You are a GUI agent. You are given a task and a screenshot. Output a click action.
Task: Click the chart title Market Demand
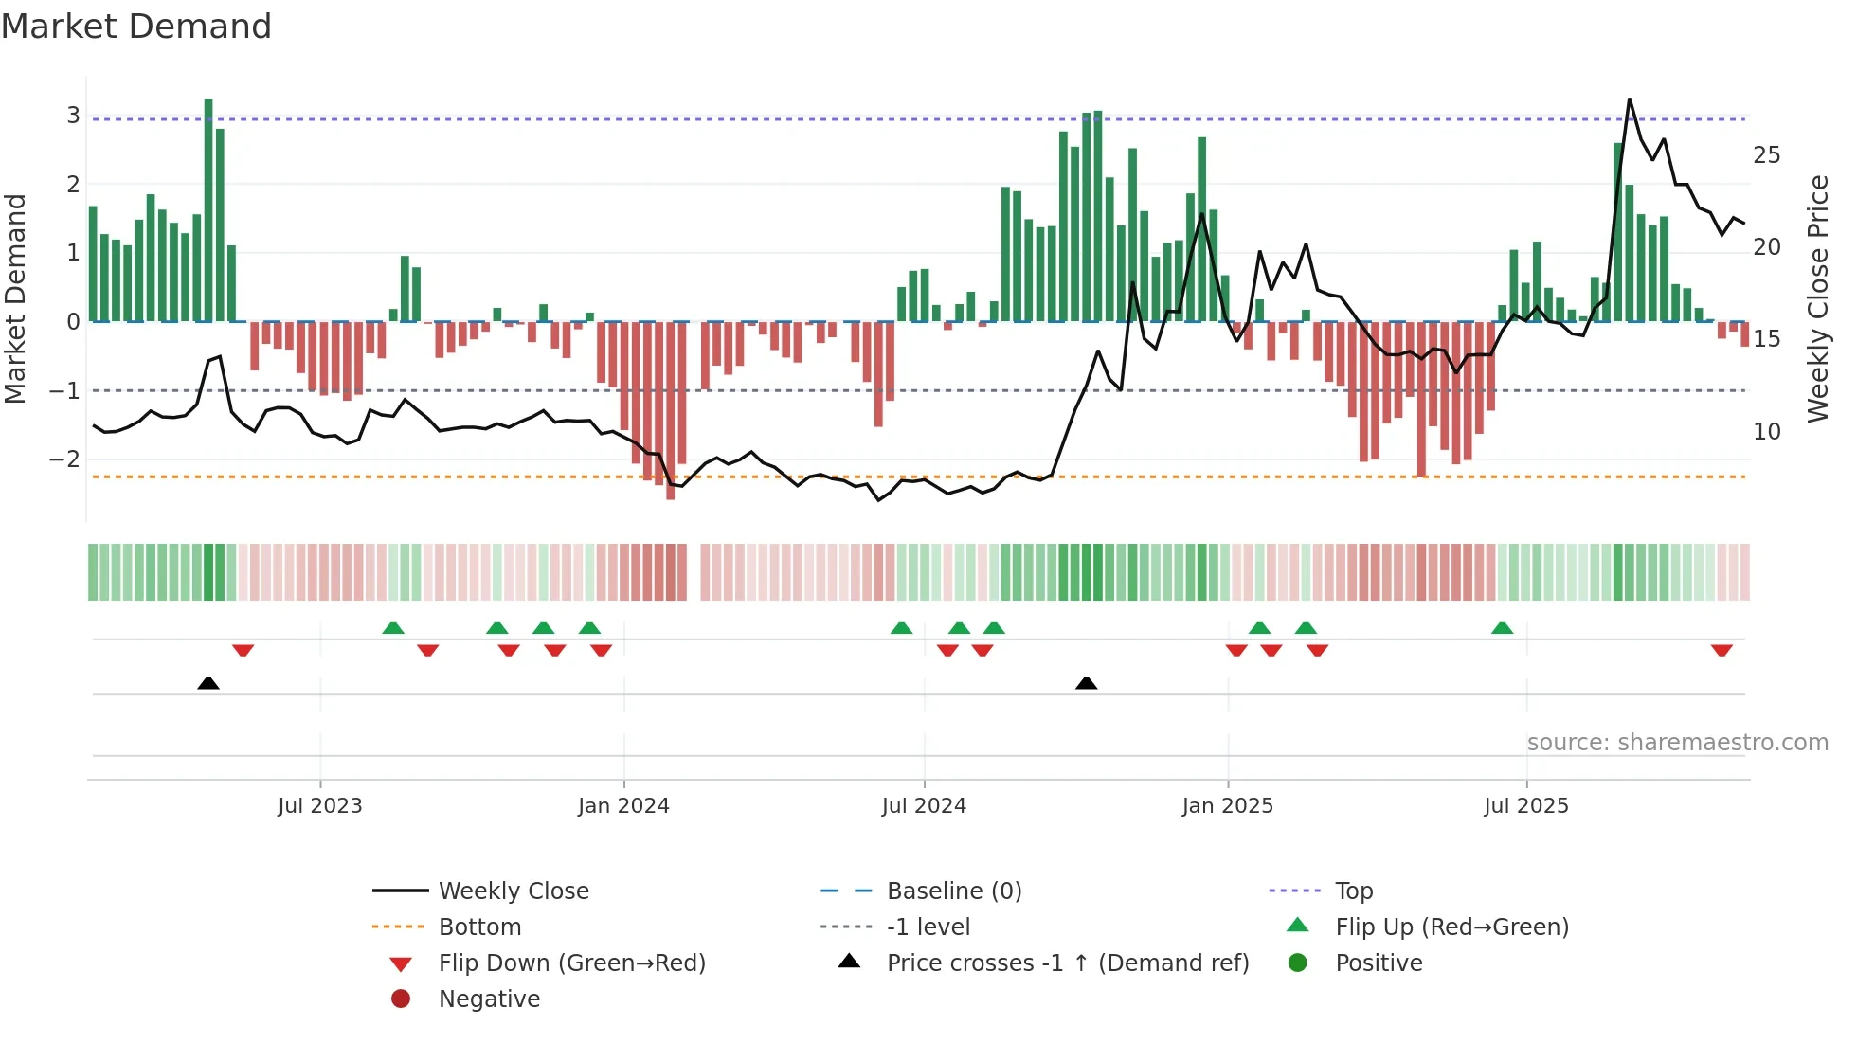[136, 26]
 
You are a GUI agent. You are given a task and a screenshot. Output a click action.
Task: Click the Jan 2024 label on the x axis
[623, 806]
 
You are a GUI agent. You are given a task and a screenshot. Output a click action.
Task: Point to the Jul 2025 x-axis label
[1526, 806]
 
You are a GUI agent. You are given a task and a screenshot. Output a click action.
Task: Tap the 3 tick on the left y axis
[73, 116]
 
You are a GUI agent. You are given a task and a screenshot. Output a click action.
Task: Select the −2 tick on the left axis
[65, 459]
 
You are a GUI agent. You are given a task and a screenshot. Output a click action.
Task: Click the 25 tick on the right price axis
[1766, 154]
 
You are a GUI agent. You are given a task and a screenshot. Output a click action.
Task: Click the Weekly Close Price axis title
[1817, 298]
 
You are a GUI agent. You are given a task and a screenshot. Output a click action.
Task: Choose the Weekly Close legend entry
[513, 891]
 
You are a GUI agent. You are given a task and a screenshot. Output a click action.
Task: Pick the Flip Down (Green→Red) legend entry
[571, 963]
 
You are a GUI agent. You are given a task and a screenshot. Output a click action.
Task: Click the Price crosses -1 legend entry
[1067, 963]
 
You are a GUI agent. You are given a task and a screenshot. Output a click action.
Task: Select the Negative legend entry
[489, 999]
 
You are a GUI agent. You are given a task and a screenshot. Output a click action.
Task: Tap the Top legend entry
[1354, 891]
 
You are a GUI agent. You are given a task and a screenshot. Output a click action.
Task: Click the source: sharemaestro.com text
[1677, 742]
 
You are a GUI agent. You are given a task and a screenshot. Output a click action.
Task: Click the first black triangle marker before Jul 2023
[208, 683]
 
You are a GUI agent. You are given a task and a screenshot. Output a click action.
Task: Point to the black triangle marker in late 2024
[1087, 683]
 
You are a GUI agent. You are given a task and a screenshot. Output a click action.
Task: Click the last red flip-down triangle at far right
[1722, 650]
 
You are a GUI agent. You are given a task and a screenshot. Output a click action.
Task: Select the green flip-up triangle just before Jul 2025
[1502, 628]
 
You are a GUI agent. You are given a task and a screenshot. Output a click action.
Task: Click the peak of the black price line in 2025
[1630, 99]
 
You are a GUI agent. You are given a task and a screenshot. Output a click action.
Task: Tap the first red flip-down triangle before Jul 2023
[243, 650]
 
